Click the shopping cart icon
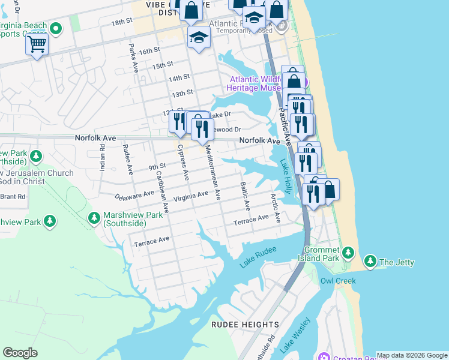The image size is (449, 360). (37, 44)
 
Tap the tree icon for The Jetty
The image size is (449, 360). (371, 262)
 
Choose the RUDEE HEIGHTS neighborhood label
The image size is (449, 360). (245, 325)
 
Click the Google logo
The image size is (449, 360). (20, 352)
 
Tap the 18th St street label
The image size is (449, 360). (121, 22)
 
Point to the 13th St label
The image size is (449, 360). (182, 93)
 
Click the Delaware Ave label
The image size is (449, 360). (134, 196)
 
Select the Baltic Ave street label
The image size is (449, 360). (245, 196)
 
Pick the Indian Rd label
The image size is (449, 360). (103, 157)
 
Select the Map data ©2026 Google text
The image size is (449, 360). (412, 355)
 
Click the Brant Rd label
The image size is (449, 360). (13, 196)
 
